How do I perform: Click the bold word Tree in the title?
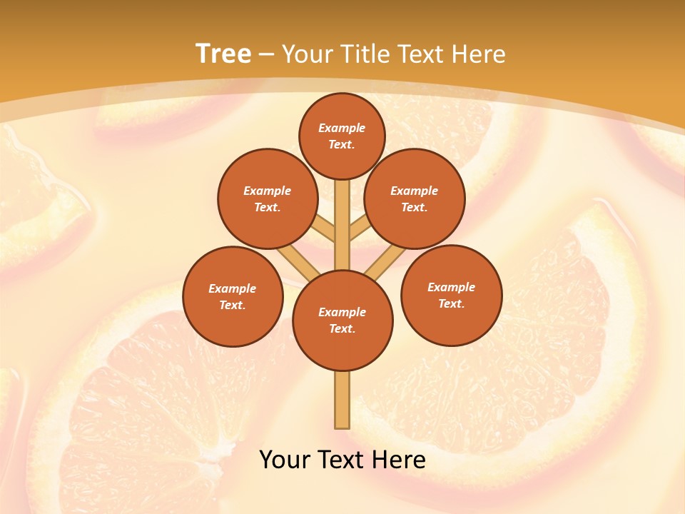click(223, 54)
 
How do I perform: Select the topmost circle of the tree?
click(342, 136)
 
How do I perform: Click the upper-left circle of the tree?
click(267, 198)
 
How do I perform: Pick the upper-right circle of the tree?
click(414, 198)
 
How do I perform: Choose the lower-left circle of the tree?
click(233, 296)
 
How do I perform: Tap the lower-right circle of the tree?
click(451, 295)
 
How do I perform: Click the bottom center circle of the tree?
click(342, 321)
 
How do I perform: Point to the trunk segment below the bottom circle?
click(342, 400)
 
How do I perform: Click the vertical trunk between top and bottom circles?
click(342, 225)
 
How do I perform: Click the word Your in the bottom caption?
click(285, 460)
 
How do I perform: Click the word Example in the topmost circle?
click(342, 128)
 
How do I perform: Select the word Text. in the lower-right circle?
click(451, 303)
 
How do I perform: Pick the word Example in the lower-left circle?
click(233, 288)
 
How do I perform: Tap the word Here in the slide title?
click(479, 54)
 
